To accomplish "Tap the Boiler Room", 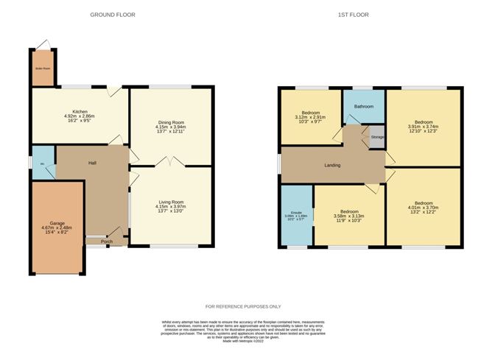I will click(x=42, y=70).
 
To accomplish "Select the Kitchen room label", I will click(x=80, y=112).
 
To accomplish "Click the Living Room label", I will click(x=172, y=201).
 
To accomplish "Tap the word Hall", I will click(x=93, y=163).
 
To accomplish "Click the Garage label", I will click(x=57, y=222).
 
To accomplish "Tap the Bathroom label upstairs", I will click(x=364, y=107).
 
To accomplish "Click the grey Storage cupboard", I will click(x=377, y=137).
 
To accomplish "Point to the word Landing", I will click(x=332, y=165).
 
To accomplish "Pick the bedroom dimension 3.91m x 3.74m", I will click(x=424, y=126).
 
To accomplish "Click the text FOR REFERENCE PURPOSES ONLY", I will click(x=243, y=306).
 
